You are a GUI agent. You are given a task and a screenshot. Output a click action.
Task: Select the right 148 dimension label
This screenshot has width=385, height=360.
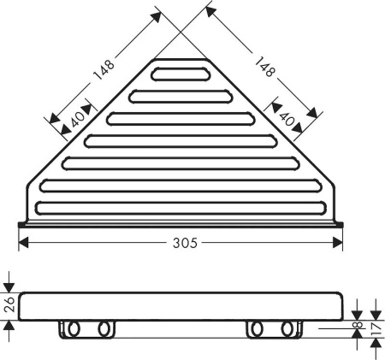[264, 66]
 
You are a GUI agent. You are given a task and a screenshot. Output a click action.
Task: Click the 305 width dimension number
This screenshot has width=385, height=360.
[182, 243]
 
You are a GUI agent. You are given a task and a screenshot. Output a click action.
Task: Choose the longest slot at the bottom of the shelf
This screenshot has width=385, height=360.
[181, 205]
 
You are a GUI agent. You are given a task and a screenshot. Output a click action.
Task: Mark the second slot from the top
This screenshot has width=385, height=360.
[181, 95]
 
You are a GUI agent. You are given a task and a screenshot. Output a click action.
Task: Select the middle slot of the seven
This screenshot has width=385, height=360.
[181, 139]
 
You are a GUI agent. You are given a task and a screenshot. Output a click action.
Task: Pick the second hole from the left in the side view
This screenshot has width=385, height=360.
[104, 329]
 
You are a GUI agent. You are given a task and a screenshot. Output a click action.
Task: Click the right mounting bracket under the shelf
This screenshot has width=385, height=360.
[270, 329]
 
